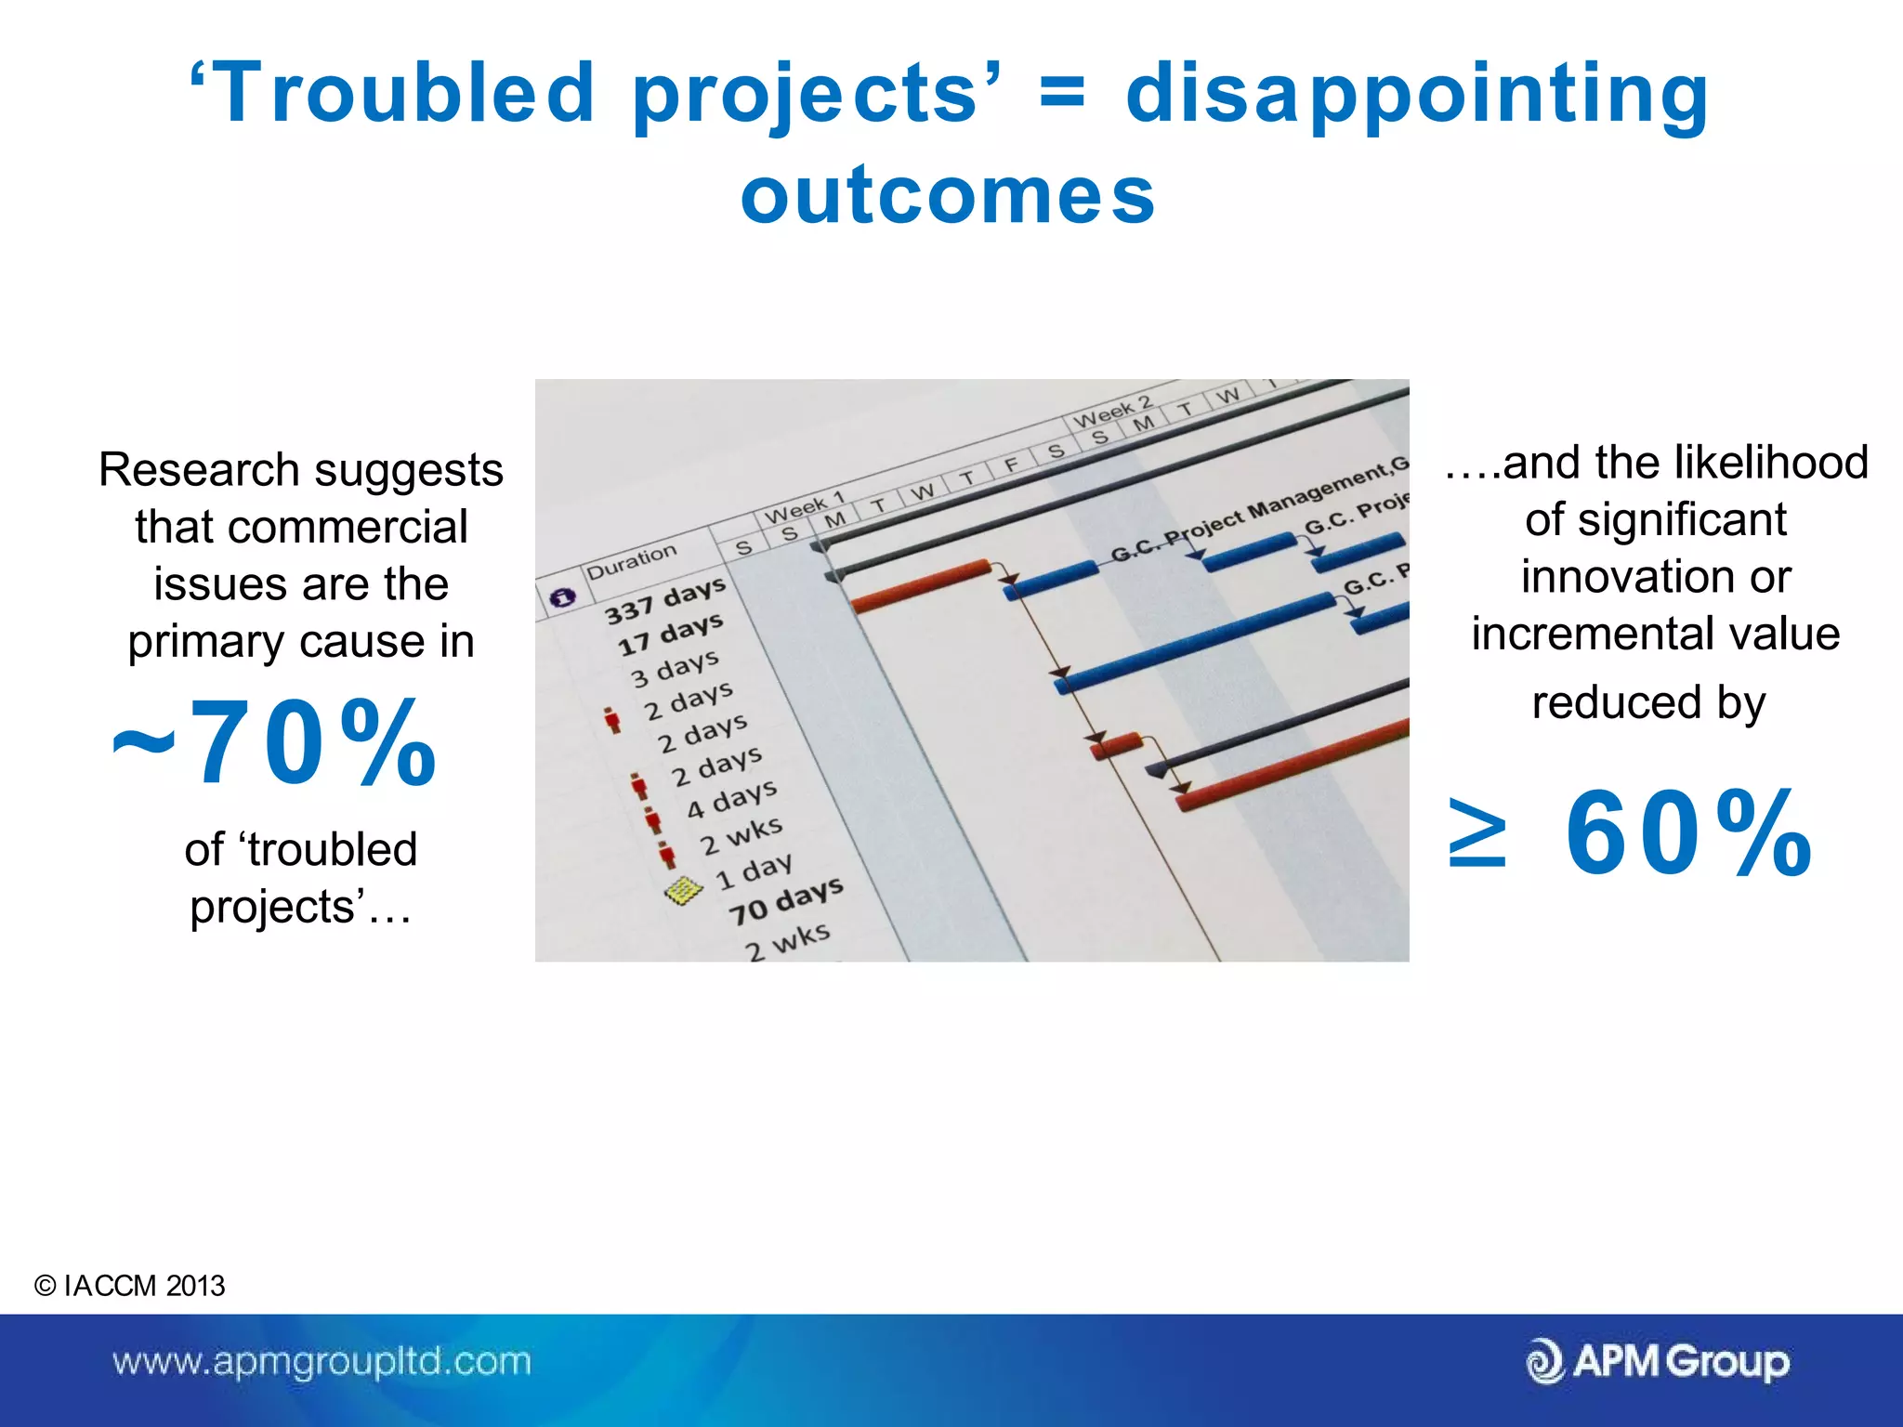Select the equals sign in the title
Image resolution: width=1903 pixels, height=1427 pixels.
(1061, 93)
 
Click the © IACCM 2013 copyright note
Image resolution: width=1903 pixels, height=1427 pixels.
(129, 1286)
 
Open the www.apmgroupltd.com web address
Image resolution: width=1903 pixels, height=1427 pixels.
(322, 1362)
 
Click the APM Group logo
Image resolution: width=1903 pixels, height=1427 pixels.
(1658, 1362)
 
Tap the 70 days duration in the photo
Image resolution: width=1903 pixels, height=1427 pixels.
(785, 900)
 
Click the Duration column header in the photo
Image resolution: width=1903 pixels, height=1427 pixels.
(631, 561)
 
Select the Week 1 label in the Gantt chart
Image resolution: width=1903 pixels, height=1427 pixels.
(803, 507)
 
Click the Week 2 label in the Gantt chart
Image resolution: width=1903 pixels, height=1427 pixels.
(1112, 412)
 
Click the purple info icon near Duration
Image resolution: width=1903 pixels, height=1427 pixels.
(562, 597)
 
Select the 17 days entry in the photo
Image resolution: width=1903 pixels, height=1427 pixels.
(670, 635)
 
